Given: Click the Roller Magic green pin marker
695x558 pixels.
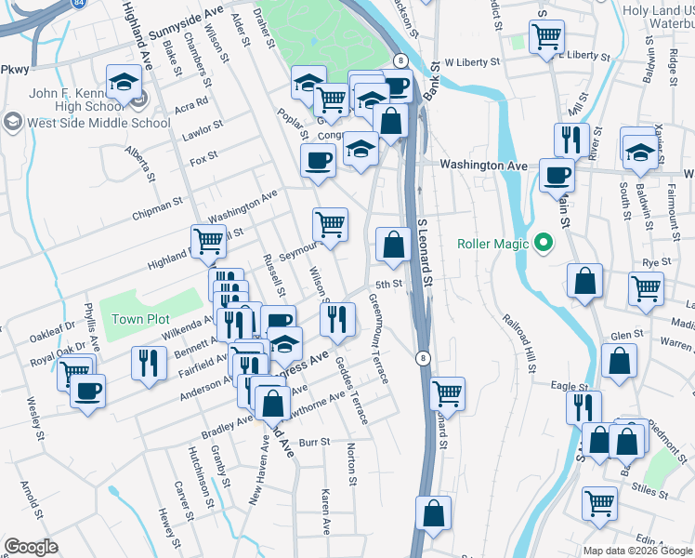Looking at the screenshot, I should pos(544,245).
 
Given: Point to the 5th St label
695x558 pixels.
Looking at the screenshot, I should pos(388,285).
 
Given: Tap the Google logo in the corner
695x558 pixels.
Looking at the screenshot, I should pos(31,546).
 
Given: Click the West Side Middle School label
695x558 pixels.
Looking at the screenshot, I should pos(98,122).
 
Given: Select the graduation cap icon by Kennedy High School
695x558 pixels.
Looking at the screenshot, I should pos(122,84).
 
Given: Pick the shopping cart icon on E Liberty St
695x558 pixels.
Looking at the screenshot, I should pos(546,37).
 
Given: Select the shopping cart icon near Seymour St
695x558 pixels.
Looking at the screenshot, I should pos(330,224).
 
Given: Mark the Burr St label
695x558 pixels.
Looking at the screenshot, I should pos(313,443).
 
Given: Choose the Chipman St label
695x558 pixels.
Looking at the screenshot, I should pos(157,205).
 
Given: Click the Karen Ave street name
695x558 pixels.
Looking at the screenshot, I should pos(326,511).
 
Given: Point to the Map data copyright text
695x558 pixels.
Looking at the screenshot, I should pos(637,550).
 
